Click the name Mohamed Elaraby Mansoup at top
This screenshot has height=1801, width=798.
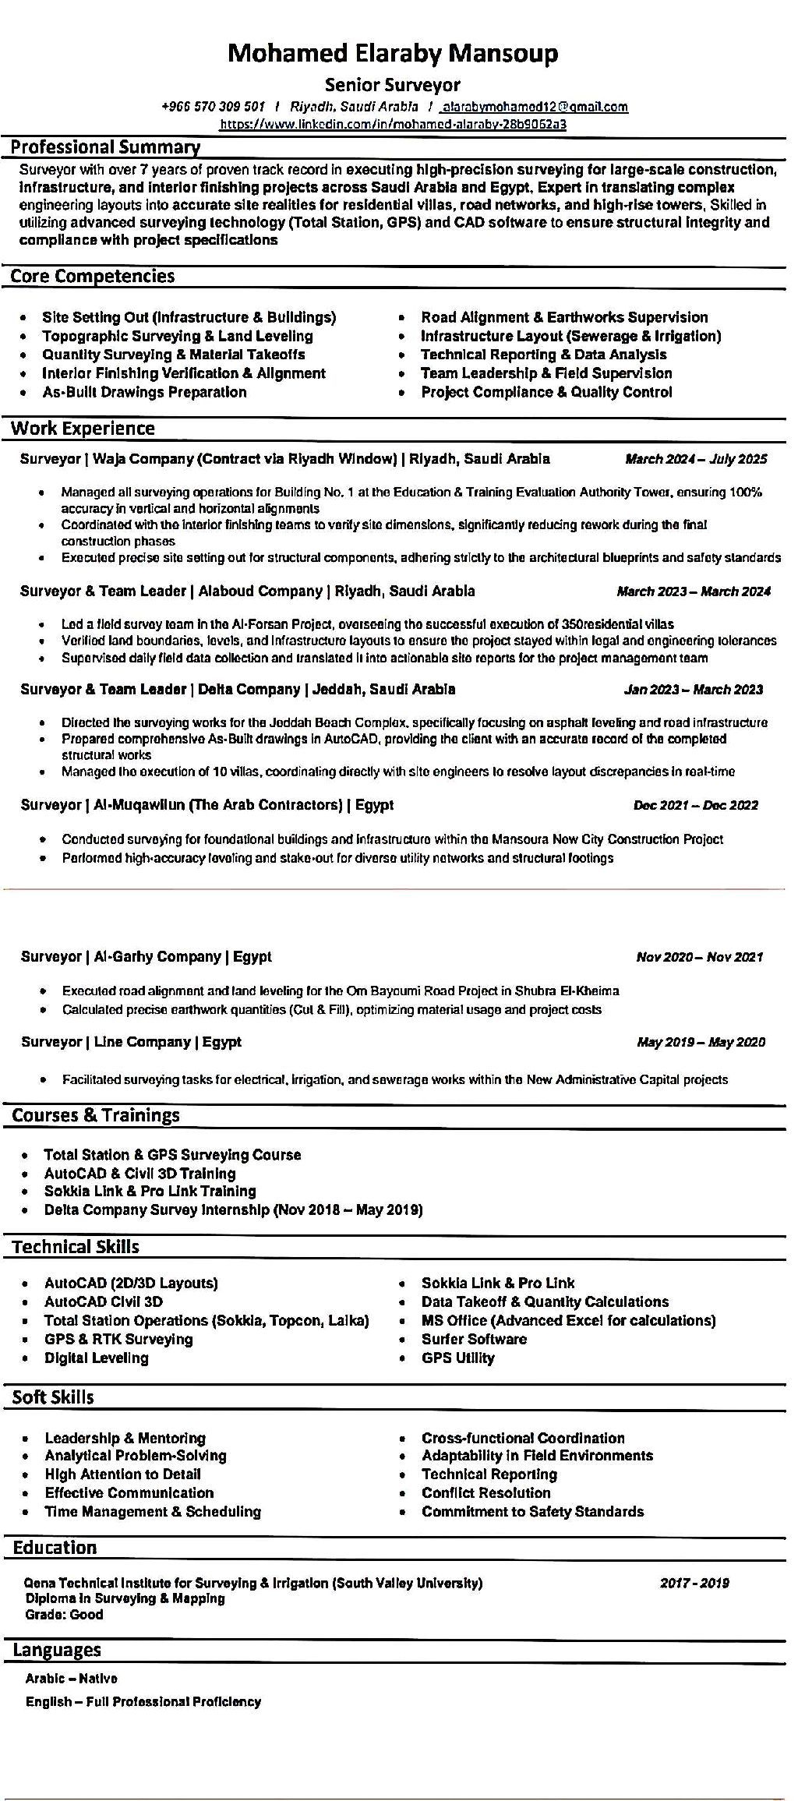(393, 53)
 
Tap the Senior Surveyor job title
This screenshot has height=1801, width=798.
(393, 84)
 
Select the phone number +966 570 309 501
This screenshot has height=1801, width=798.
(214, 107)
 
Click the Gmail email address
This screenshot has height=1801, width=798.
(535, 107)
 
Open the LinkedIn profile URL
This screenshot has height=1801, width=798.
(393, 123)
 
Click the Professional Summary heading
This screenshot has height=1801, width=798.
(105, 147)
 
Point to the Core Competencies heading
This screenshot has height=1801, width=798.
(93, 276)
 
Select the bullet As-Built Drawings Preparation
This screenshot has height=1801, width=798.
(144, 392)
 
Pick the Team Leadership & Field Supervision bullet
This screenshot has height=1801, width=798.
(546, 373)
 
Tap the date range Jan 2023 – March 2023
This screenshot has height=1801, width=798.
(694, 690)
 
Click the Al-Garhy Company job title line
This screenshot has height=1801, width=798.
(147, 956)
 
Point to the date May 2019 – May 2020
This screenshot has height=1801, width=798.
(701, 1042)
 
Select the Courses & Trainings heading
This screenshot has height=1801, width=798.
(96, 1115)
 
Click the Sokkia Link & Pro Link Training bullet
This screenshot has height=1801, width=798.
(150, 1191)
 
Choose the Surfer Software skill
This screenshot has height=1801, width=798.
(474, 1339)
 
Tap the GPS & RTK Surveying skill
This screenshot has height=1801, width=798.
(118, 1339)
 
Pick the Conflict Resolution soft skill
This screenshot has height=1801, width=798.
(486, 1492)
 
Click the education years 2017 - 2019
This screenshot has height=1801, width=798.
(694, 1583)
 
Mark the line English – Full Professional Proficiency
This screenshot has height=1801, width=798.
(143, 1701)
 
